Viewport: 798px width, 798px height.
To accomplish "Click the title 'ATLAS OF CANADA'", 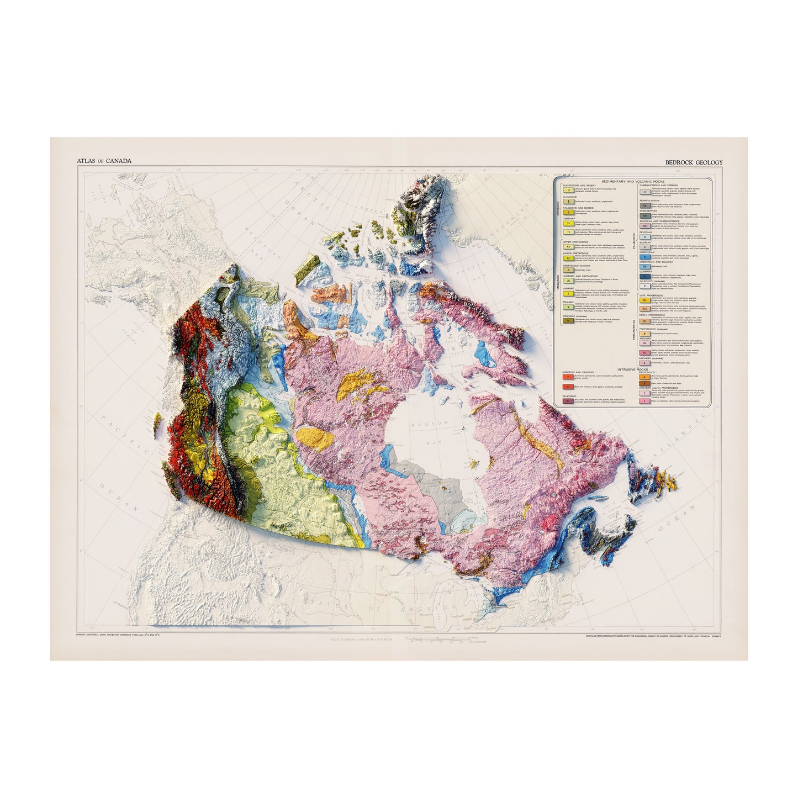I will pos(104,161).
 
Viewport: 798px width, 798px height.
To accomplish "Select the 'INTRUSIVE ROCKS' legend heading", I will pos(631,368).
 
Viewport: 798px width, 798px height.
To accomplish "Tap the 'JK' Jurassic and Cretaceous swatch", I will pos(566,280).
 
